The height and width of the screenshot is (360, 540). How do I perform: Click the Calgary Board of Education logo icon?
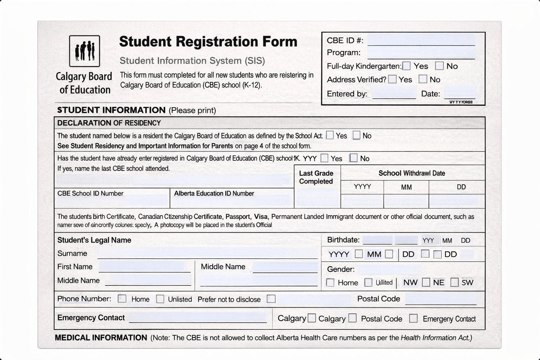(84, 51)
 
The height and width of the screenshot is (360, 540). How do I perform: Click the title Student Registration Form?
(208, 41)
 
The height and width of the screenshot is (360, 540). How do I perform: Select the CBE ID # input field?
(421, 40)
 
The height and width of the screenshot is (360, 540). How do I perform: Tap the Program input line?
(421, 53)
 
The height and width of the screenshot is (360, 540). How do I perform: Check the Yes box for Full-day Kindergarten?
(406, 66)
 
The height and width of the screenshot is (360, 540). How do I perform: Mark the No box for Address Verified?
(423, 79)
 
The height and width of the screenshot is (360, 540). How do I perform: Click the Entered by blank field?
(394, 94)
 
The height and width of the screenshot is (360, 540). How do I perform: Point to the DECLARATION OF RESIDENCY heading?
(109, 123)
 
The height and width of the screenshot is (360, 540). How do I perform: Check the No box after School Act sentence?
(356, 135)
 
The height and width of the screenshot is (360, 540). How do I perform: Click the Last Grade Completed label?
(316, 177)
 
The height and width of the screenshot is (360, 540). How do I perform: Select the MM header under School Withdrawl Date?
(406, 187)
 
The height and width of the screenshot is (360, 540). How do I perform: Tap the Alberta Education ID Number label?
(214, 193)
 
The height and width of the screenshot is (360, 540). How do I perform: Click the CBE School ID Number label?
(90, 193)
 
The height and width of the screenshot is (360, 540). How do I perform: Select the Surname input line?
(207, 253)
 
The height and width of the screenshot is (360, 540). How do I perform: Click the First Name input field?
(144, 267)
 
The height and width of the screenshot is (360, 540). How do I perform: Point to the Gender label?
(341, 269)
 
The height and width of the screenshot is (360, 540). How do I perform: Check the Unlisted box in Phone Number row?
(160, 299)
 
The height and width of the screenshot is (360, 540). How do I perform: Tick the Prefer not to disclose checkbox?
(271, 299)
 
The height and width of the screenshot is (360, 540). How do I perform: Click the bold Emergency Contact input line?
(198, 317)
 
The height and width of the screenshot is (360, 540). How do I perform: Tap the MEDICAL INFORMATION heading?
(101, 338)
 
